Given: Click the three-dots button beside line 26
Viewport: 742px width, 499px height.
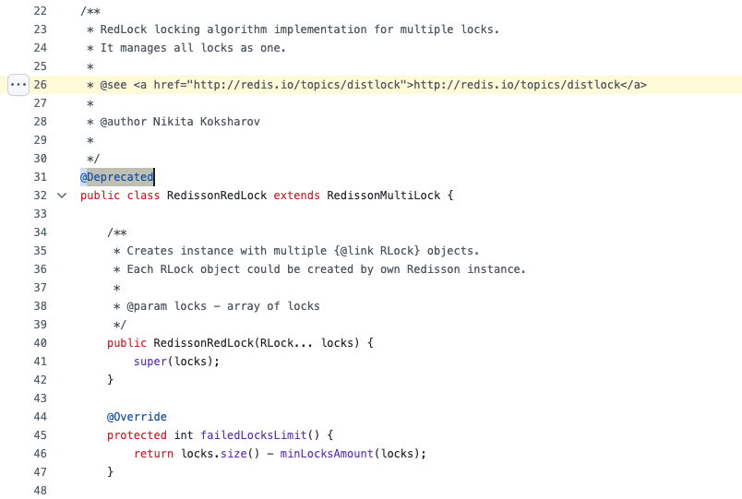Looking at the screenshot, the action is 18,85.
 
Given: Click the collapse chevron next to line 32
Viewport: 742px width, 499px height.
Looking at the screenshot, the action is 62,196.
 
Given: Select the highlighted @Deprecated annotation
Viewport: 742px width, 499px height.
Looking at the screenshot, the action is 117,177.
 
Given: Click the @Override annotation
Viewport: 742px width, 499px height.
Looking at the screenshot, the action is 137,417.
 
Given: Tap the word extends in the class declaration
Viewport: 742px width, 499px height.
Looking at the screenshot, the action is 296,196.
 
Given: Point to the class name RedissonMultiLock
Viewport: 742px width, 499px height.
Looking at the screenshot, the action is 384,196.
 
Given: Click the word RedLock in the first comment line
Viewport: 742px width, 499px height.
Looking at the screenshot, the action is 124,30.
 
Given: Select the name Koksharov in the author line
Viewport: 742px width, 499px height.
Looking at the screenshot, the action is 230,122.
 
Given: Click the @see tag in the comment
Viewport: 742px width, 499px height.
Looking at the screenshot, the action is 114,85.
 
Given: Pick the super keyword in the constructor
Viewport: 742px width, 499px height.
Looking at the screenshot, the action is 150,362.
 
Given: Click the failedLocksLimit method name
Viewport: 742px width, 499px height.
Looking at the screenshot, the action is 254,435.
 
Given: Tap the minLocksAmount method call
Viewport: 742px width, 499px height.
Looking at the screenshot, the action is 327,454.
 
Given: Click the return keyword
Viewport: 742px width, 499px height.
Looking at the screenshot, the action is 154,454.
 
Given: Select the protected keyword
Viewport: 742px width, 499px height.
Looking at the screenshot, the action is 137,435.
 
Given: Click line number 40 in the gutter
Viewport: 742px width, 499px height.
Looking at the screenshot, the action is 41,343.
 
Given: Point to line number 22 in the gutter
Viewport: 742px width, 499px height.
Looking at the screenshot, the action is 41,11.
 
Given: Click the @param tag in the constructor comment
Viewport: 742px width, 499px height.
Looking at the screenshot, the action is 147,306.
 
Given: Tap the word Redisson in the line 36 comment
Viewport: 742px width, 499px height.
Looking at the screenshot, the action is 434,269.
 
